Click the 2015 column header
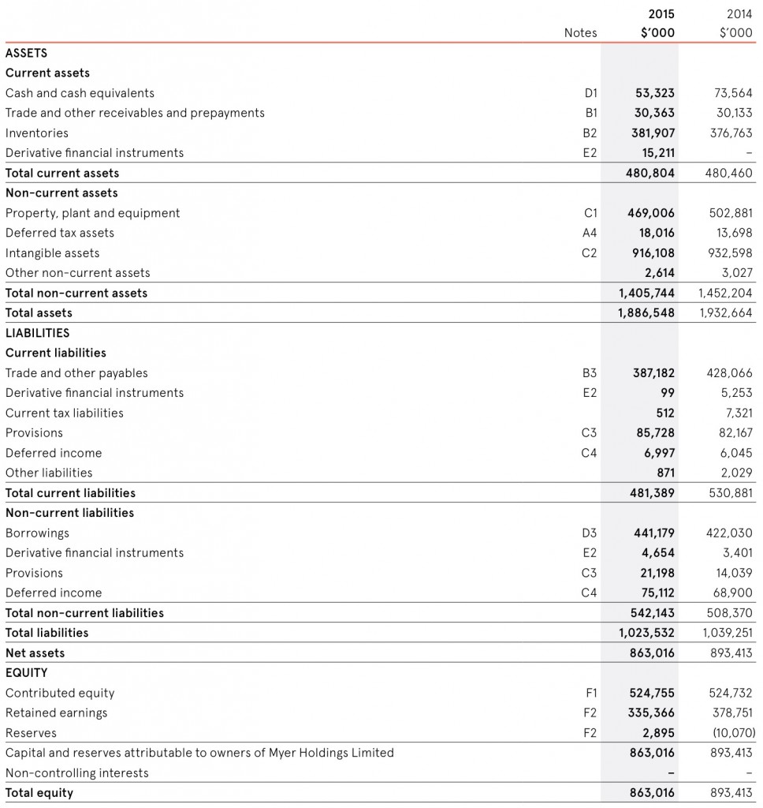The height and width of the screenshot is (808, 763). [661, 13]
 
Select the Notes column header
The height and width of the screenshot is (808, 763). [580, 33]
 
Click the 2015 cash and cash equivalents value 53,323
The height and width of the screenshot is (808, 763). [654, 93]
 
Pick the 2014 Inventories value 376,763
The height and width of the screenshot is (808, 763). [731, 133]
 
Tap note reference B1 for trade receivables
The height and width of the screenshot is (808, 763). [590, 113]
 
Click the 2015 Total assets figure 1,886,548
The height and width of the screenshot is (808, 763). [646, 313]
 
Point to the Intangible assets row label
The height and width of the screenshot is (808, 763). [53, 253]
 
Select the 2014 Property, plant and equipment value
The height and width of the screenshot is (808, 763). [731, 213]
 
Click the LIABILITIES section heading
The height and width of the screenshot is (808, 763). [38, 333]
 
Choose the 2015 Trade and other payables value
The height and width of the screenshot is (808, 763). [653, 373]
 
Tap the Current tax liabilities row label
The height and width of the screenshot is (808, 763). [65, 413]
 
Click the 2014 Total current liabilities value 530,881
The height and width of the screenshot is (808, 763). [731, 493]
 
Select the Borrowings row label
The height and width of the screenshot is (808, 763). [37, 533]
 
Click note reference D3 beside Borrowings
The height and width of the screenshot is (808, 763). [589, 533]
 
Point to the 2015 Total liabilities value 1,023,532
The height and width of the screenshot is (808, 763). [646, 633]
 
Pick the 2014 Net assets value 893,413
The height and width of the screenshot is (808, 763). [731, 653]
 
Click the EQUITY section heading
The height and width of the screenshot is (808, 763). [27, 673]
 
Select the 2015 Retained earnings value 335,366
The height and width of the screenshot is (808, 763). [652, 713]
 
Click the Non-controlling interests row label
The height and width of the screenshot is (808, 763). [77, 773]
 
